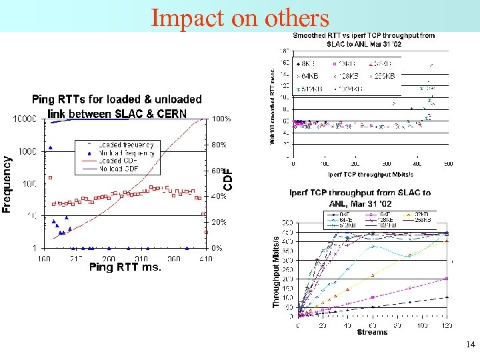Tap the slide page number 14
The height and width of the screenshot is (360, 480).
[x=471, y=345]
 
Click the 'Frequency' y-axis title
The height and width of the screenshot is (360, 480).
[x=7, y=185]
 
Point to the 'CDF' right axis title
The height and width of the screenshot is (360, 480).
[x=228, y=179]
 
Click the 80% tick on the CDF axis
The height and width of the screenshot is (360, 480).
[x=219, y=145]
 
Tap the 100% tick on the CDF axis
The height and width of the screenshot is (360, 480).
[x=221, y=119]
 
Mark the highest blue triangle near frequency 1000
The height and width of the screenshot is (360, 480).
[x=51, y=148]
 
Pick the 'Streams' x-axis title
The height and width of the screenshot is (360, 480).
[x=372, y=332]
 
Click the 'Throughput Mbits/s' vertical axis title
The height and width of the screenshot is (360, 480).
[x=276, y=271]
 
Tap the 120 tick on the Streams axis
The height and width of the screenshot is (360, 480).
[x=446, y=325]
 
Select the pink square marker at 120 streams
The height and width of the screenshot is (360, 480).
[x=447, y=279]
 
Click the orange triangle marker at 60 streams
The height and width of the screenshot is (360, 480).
[x=372, y=274]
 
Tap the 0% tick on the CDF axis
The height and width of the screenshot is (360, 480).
[x=217, y=248]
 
